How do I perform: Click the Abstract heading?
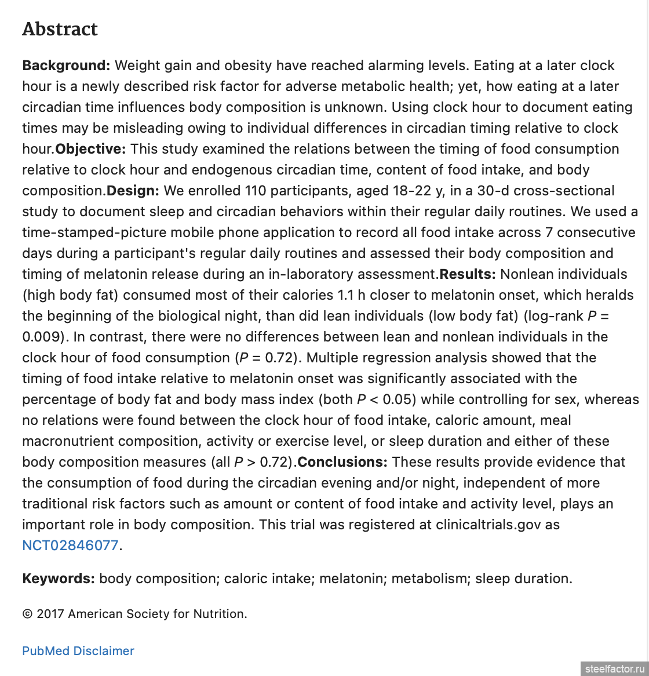coord(60,29)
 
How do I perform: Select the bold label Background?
coord(66,66)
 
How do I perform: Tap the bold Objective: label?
coord(90,149)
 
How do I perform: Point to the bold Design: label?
coord(133,191)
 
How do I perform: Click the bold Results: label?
coord(467,274)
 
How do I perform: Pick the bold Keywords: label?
coord(59,579)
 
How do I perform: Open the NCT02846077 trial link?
coord(70,546)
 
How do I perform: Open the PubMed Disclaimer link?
coord(78,651)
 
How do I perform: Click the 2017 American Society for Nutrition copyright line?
coord(134,614)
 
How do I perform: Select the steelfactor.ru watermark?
coord(614,669)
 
